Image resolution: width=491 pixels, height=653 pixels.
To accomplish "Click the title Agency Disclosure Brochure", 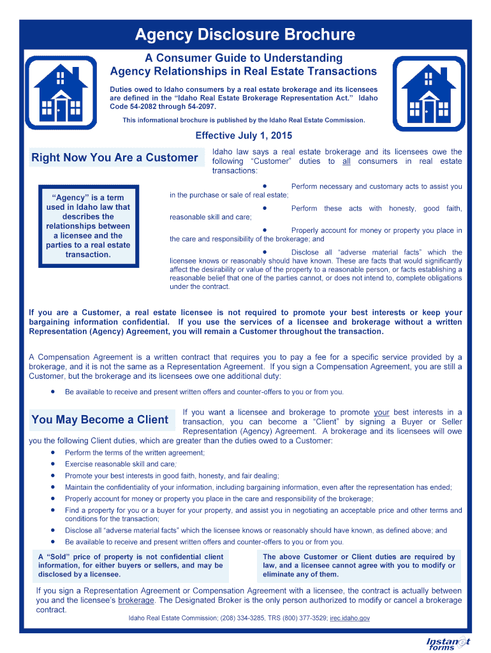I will tap(245, 34).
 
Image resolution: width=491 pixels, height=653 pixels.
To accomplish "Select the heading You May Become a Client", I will tap(100, 420).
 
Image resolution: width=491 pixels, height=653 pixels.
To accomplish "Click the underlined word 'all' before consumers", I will tap(346, 162).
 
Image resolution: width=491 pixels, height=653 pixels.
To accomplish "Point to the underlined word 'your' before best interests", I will tap(381, 413).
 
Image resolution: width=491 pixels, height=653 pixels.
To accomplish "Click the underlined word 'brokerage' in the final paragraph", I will tap(136, 601).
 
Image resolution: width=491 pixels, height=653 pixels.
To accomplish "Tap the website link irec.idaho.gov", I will tap(349, 618).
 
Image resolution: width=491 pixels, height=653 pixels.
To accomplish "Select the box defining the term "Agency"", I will tap(88, 226).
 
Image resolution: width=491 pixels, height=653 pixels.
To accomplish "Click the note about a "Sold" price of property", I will tap(131, 565).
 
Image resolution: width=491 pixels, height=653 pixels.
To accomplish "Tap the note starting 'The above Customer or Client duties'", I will tap(359, 565).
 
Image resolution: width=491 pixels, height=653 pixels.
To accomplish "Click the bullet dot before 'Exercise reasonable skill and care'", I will tap(52, 464).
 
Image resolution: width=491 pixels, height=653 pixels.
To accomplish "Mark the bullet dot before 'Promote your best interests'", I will tap(52, 476).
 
